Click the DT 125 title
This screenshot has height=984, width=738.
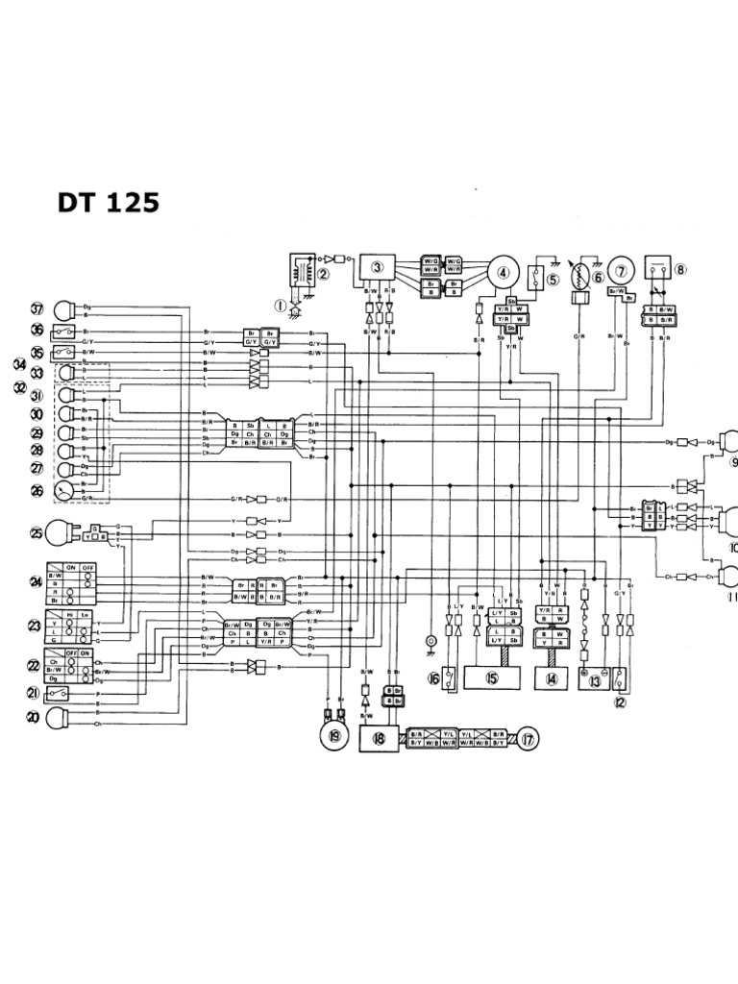(105, 203)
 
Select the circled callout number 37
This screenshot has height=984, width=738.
(37, 309)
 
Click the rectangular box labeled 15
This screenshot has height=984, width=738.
(492, 677)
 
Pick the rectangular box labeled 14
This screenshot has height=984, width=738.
(552, 677)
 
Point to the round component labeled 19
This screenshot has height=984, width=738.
(333, 736)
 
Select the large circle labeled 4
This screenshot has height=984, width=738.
(503, 272)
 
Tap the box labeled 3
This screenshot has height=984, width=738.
(378, 268)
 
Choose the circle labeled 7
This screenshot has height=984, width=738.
(622, 272)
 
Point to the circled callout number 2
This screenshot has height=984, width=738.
(324, 273)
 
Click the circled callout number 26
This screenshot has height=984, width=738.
(37, 490)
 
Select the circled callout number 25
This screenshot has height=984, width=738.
(37, 532)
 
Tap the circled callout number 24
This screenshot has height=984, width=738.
(37, 581)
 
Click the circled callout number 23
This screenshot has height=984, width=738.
(37, 626)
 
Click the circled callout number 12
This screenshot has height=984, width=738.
(620, 701)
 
